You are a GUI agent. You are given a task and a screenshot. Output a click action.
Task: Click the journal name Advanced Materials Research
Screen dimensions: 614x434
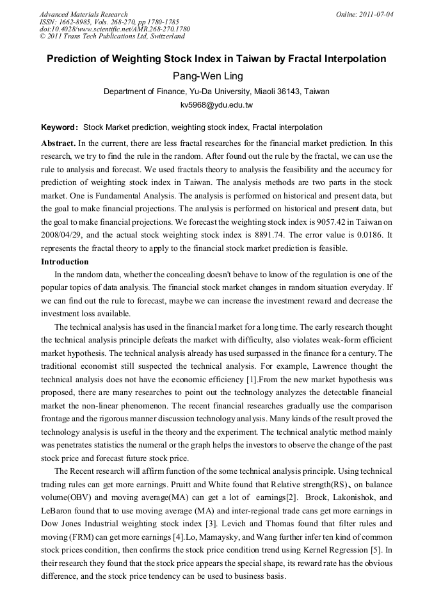[x=83, y=14]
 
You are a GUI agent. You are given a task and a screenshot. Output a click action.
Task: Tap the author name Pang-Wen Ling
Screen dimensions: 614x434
[x=216, y=76]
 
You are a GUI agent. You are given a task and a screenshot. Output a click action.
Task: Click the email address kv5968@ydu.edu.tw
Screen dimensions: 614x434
[x=216, y=104]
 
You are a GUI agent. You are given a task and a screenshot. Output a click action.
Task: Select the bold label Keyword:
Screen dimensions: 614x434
[x=60, y=127]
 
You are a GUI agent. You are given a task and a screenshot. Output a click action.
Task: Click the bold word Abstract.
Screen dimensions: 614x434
[x=58, y=143]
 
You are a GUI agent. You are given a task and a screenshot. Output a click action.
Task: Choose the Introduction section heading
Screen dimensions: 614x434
[x=65, y=262]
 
